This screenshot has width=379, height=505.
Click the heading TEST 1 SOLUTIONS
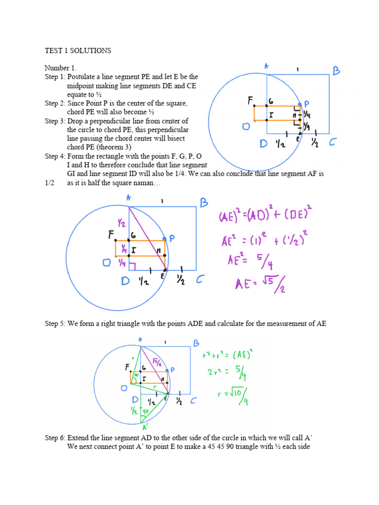[78, 51]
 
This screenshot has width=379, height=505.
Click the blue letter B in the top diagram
[337, 72]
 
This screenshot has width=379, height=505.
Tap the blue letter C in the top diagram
[332, 143]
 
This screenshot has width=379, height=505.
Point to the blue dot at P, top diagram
[300, 105]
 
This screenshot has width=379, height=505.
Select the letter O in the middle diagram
[106, 263]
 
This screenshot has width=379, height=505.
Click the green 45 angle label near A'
[146, 411]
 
